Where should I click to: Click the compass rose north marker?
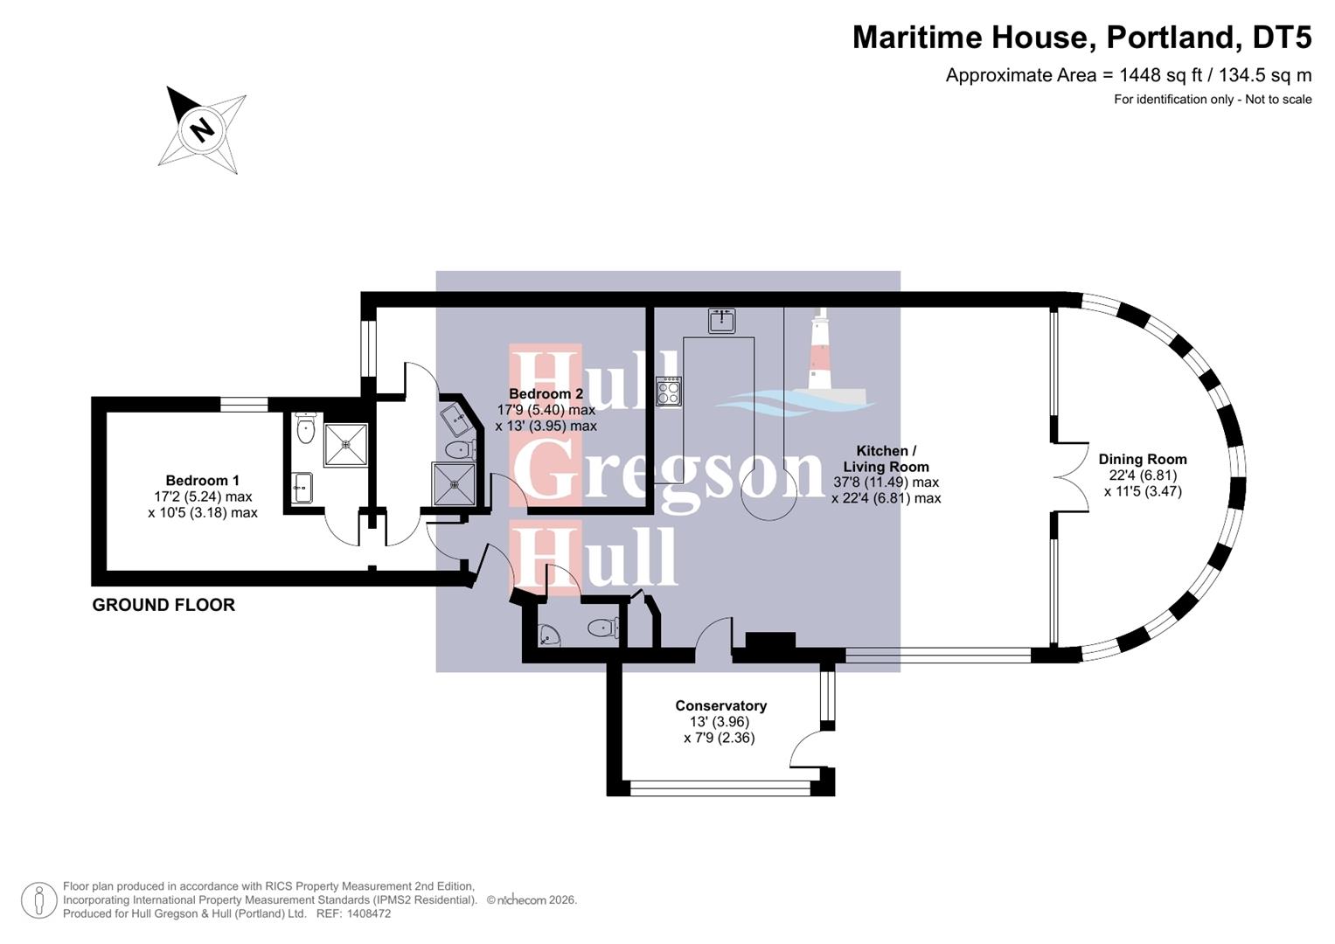202,129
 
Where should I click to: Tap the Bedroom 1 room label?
202,481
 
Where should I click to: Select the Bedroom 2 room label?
546,394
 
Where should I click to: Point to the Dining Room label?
1142,460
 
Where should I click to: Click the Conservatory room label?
720,706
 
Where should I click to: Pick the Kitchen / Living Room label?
886,459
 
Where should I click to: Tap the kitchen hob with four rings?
669,390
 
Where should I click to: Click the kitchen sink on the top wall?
721,320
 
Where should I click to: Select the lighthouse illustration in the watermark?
819,350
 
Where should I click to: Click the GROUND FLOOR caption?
163,605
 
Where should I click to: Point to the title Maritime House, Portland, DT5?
1081,38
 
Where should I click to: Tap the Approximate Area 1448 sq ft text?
1128,75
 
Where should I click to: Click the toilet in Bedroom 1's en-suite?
305,428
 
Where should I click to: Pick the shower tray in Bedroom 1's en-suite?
345,444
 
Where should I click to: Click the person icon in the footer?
38,900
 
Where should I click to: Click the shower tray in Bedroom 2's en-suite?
455,483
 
